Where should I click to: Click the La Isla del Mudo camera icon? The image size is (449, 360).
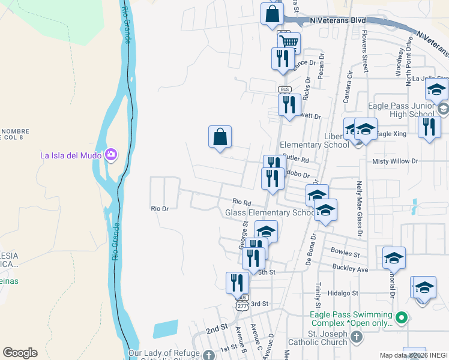click(x=111, y=155)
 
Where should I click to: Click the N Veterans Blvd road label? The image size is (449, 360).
click(x=338, y=20)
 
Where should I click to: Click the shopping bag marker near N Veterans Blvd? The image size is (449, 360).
click(x=272, y=14)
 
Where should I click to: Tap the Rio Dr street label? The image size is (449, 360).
click(x=160, y=208)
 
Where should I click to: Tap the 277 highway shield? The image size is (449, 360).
click(x=241, y=306)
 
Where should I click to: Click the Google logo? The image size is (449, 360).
click(x=20, y=353)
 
